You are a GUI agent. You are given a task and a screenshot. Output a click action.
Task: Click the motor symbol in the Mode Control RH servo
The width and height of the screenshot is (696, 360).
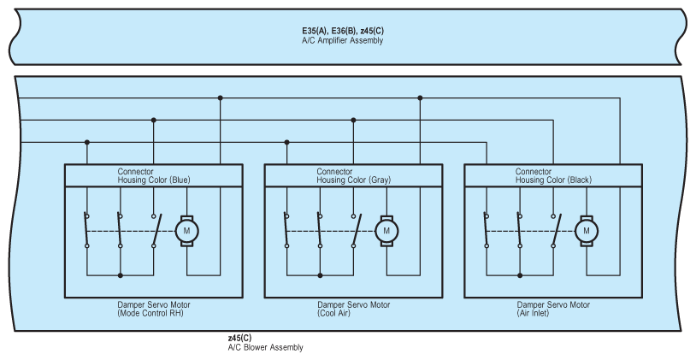click(x=186, y=230)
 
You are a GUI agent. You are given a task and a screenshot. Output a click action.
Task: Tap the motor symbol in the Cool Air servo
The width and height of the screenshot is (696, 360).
click(x=386, y=230)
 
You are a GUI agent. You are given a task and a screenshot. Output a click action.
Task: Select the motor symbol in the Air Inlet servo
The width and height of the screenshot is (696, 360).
click(x=587, y=230)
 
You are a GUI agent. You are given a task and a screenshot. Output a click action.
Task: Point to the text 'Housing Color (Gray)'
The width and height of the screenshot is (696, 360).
click(x=354, y=180)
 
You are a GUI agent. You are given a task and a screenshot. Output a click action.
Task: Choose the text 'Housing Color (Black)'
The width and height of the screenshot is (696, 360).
click(x=553, y=180)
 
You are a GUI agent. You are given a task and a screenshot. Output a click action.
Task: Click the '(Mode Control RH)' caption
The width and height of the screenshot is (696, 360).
click(x=151, y=313)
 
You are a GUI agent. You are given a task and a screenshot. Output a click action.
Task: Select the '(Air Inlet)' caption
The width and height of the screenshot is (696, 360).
click(x=552, y=313)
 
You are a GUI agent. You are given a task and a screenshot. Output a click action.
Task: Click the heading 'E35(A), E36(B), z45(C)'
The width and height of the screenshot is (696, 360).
click(x=342, y=32)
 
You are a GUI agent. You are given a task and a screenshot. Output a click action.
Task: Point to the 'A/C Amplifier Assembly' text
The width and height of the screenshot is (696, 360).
click(x=342, y=40)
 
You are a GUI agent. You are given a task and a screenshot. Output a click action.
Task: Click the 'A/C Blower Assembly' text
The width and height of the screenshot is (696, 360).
click(x=265, y=347)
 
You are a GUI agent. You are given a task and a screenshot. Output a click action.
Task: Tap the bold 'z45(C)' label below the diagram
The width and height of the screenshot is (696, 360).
click(x=239, y=339)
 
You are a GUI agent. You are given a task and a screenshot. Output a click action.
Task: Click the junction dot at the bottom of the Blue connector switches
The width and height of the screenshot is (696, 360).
click(x=121, y=275)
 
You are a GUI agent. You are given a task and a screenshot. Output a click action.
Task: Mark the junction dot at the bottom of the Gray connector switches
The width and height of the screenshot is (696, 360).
click(x=320, y=275)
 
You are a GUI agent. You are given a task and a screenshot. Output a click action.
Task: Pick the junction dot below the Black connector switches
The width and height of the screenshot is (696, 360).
click(x=519, y=275)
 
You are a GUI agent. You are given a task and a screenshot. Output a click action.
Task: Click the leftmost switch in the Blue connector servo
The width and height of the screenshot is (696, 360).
click(x=87, y=230)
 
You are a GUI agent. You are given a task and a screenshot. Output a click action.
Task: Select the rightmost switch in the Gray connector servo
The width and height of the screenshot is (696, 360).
click(x=354, y=230)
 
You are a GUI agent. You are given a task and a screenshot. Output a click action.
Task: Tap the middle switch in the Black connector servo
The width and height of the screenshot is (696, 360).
click(x=519, y=230)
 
